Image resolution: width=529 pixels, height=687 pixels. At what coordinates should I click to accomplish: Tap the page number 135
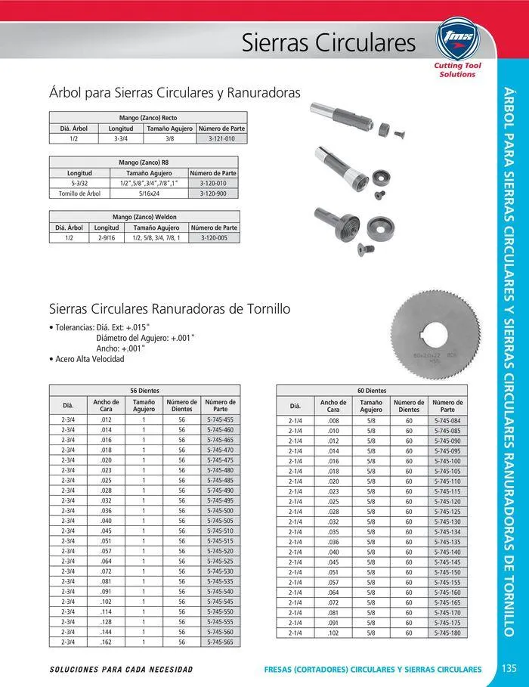pos(508,669)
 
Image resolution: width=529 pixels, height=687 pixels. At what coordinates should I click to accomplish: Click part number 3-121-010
pos(221,139)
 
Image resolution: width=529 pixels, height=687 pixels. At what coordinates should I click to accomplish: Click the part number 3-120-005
pos(214,237)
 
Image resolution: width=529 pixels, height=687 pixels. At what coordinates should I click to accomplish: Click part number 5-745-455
pos(219,419)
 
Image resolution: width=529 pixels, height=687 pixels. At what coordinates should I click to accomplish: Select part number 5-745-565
pos(219,641)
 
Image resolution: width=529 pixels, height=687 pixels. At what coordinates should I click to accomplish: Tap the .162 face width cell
pos(106,641)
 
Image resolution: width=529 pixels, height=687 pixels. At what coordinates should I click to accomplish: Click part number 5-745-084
pos(447,421)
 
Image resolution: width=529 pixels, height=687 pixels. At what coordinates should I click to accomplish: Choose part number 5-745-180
pos(447,633)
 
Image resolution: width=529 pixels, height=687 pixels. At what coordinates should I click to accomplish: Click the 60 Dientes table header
pos(372,391)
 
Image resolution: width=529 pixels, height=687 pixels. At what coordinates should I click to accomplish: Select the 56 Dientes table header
pos(144,391)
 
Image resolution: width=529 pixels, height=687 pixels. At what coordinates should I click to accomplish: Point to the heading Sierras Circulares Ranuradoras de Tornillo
pos(169,309)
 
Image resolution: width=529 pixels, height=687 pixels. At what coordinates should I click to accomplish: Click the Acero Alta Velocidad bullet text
pos(89,359)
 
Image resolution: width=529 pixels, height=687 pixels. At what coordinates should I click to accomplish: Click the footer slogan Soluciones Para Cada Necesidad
pos(121,670)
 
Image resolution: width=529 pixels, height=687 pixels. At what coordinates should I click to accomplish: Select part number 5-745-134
pos(447,531)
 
